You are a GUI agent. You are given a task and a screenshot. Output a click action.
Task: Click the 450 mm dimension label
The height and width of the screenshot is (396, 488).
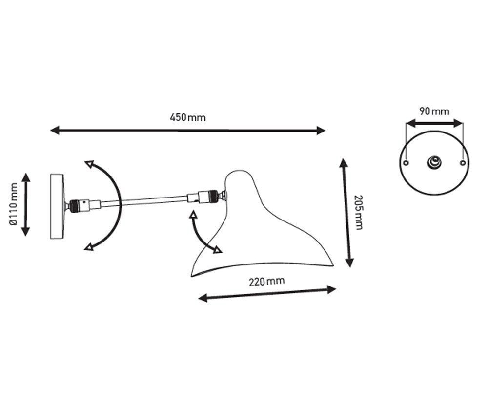(x=188, y=117)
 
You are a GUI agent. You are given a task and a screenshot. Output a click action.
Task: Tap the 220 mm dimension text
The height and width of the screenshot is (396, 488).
(x=267, y=281)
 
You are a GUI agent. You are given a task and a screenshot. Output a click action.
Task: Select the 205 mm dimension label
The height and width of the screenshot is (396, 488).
(x=358, y=213)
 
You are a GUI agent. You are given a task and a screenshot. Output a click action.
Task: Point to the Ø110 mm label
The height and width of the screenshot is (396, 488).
(x=13, y=204)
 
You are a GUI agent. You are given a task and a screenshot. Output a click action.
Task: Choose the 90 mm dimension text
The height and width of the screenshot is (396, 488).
(x=434, y=111)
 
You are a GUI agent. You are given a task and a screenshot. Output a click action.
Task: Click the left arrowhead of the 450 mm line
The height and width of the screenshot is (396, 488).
(x=55, y=130)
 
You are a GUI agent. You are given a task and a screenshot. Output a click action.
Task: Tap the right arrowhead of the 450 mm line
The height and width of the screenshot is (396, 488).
(x=321, y=131)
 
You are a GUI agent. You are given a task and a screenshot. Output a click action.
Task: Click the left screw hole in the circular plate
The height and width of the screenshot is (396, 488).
(x=406, y=163)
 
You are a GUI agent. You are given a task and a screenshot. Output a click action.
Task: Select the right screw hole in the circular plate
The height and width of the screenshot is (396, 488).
(x=463, y=163)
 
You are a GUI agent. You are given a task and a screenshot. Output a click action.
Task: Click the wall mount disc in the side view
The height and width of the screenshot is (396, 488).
(x=57, y=206)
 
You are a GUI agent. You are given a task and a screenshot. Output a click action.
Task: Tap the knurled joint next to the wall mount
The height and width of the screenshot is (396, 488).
(x=74, y=206)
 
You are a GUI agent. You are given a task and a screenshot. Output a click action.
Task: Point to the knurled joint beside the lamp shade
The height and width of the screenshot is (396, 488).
(x=213, y=197)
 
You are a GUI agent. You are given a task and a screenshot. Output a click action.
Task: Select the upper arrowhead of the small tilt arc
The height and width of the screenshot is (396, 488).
(x=194, y=214)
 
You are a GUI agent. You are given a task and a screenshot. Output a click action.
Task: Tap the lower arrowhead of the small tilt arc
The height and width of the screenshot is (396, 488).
(x=218, y=250)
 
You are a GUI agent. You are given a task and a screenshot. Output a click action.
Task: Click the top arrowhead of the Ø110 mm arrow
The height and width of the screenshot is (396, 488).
(x=26, y=177)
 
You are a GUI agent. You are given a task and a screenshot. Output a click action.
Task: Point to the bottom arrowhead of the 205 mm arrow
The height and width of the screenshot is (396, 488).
(x=350, y=263)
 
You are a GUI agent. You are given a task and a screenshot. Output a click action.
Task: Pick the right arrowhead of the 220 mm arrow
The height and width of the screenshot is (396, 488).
(x=332, y=289)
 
